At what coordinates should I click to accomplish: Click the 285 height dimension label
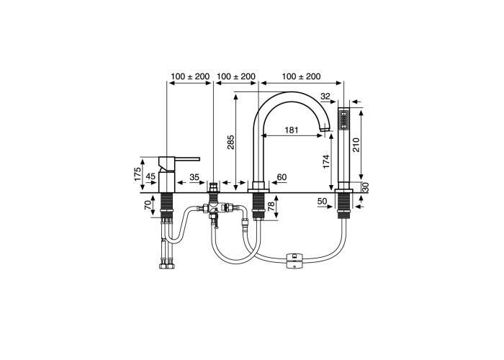tap(231, 142)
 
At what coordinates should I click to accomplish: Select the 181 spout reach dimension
tap(292, 130)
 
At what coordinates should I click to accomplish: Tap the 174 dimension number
tap(327, 162)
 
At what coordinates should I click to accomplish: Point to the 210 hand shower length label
tap(356, 145)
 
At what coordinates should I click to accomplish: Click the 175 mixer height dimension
tap(138, 174)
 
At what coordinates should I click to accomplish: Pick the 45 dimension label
tap(150, 176)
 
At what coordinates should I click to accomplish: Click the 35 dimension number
tap(194, 177)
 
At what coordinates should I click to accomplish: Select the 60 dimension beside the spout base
tap(282, 177)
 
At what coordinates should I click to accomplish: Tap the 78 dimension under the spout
tap(272, 206)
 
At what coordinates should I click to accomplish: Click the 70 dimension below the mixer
tap(148, 204)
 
